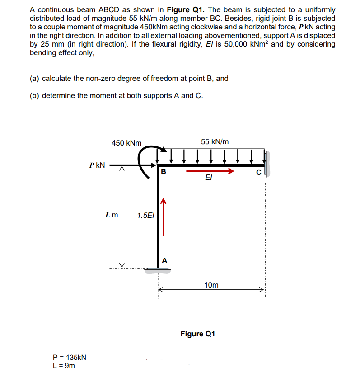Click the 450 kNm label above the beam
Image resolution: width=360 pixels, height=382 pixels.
[126, 143]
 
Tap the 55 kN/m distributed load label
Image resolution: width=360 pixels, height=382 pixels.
[215, 141]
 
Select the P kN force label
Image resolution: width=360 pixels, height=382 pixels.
[97, 165]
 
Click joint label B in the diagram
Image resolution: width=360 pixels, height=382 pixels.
[164, 171]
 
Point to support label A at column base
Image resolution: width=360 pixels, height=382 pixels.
[164, 260]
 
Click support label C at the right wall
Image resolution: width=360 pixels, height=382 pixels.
[258, 172]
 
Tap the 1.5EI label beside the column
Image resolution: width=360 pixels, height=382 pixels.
[145, 215]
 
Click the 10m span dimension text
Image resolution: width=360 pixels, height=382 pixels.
[211, 285]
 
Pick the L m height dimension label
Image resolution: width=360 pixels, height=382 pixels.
[111, 215]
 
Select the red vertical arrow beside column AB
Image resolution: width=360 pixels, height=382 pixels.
[164, 217]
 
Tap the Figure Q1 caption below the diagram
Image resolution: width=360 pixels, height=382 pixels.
[198, 334]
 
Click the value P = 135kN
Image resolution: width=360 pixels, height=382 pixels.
[70, 357]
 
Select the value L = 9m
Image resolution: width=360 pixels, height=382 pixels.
[64, 365]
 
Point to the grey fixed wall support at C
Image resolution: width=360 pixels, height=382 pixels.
[267, 164]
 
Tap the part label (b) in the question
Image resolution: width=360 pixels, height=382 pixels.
[36, 95]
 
